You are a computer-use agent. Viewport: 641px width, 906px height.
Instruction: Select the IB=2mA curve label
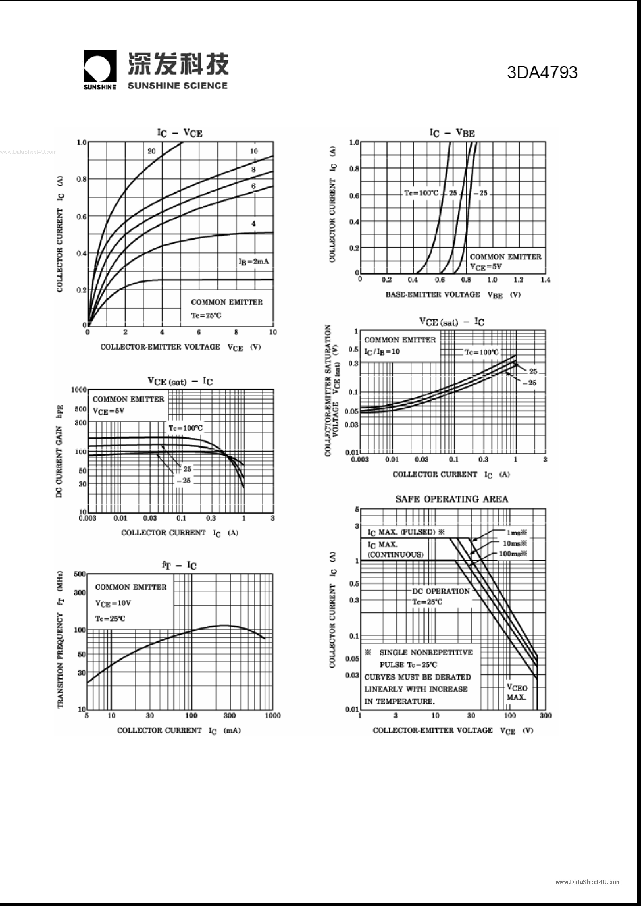click(253, 262)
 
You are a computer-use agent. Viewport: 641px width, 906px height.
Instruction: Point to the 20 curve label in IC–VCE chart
click(152, 151)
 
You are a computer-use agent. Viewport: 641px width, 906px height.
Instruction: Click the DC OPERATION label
click(441, 591)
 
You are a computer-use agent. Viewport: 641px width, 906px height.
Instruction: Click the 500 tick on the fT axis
click(80, 574)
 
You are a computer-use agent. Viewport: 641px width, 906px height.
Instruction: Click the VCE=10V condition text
click(113, 603)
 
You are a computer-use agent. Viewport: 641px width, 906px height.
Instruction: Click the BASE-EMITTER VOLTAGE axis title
click(433, 294)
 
